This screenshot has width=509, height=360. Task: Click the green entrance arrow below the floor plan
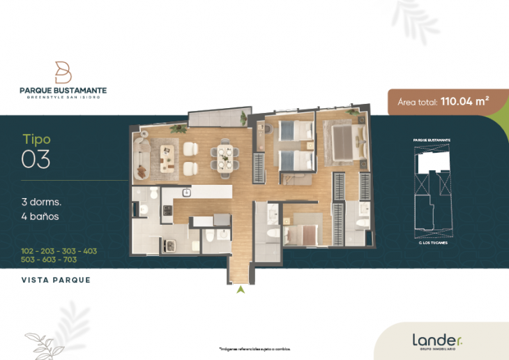pos(241,289)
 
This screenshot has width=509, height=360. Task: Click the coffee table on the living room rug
pos(167,157)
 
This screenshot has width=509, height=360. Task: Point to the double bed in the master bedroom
pos(343,142)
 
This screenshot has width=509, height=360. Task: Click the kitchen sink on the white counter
pos(187,192)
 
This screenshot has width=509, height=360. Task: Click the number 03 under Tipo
pos(36,160)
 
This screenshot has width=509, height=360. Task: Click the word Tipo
pos(36,139)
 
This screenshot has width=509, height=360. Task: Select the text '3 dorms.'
pos(41,202)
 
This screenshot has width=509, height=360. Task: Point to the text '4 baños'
pos(40,216)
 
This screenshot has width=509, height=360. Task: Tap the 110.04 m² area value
pos(463,101)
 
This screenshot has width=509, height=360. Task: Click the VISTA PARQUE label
pos(56,280)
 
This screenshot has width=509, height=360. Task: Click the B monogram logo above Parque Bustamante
pos(63,72)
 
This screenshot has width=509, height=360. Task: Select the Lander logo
pos(436,340)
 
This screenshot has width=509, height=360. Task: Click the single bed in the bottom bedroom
pos(301,232)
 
